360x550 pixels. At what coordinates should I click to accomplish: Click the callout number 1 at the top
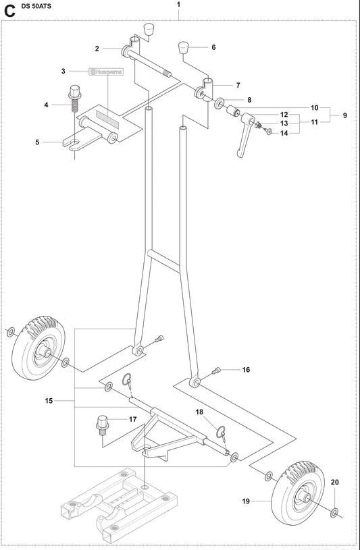coord(178,5)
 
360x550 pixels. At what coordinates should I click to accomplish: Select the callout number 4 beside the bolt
coord(46,105)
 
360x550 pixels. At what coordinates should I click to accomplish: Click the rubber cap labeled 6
coord(183,47)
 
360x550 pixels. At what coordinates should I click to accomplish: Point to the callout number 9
coord(344,115)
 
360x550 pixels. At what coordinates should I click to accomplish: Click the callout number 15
coord(49,401)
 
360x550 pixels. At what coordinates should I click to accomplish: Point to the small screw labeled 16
coord(217,369)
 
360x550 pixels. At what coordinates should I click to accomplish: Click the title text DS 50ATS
coord(38,6)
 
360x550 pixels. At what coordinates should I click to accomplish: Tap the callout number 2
coord(97,49)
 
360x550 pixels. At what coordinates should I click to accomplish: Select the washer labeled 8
coord(220,105)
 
